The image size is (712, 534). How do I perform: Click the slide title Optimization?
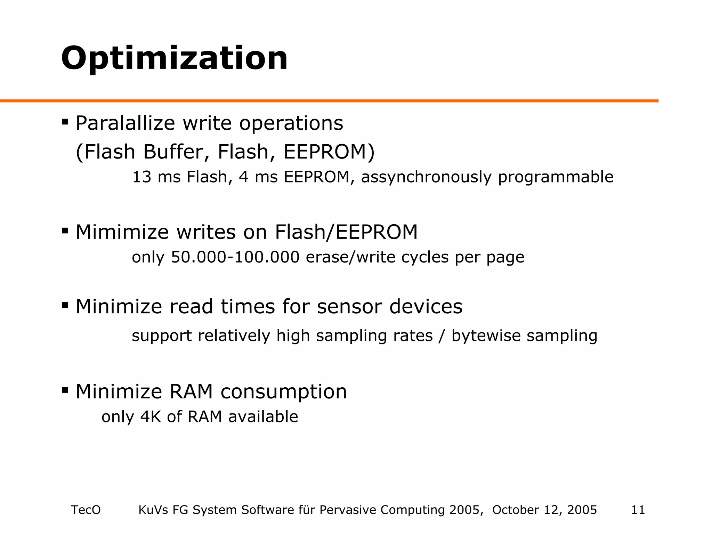pyautogui.click(x=174, y=58)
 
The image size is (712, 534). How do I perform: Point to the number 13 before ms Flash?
pyautogui.click(x=141, y=177)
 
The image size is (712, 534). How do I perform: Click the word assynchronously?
pyautogui.click(x=426, y=177)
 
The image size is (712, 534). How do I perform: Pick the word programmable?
pyautogui.click(x=556, y=177)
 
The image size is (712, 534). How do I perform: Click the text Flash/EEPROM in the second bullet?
pyautogui.click(x=346, y=232)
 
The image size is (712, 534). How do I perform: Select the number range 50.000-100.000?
pyautogui.click(x=235, y=257)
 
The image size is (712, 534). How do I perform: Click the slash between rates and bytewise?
pyautogui.click(x=442, y=336)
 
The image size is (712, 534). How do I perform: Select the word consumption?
pyautogui.click(x=284, y=392)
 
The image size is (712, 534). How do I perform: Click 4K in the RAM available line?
pyautogui.click(x=151, y=416)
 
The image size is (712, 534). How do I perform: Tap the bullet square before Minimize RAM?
pyautogui.click(x=65, y=390)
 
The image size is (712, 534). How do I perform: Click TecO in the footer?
pyautogui.click(x=86, y=510)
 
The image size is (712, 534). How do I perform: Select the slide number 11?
pyautogui.click(x=638, y=510)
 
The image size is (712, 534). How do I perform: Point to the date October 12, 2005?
pyautogui.click(x=544, y=510)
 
